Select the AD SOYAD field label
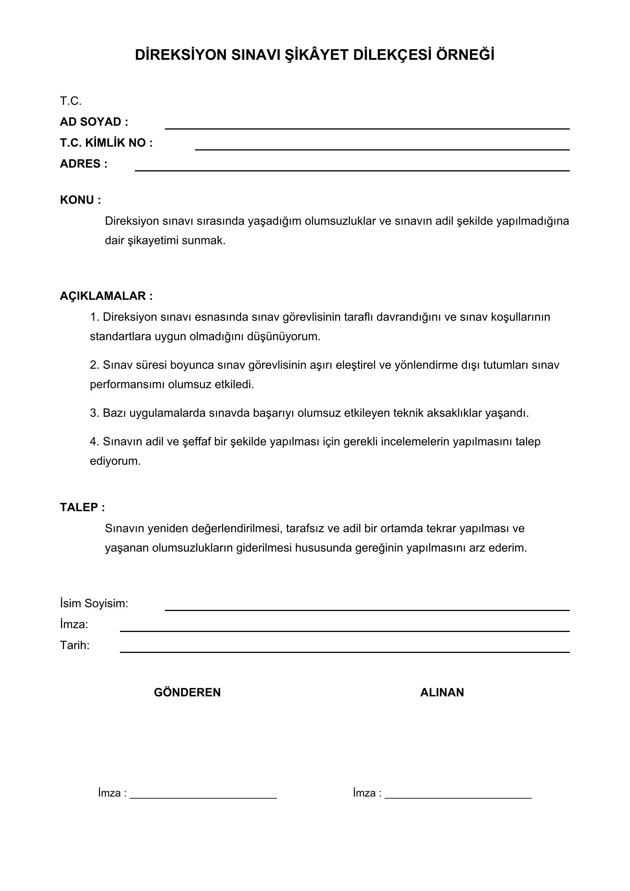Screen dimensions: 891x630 [x=94, y=122]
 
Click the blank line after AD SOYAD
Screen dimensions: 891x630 [x=367, y=128]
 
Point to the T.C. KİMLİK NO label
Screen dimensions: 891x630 [x=106, y=143]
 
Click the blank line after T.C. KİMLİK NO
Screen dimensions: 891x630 [x=382, y=149]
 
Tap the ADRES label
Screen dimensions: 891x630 [x=83, y=164]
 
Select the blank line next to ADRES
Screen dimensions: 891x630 [x=352, y=170]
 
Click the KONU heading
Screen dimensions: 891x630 [x=80, y=200]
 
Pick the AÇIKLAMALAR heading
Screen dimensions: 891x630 [x=106, y=296]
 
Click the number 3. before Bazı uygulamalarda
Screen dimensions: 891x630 [x=95, y=413]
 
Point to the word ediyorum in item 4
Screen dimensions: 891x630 [x=115, y=461]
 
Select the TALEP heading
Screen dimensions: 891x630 [x=82, y=507]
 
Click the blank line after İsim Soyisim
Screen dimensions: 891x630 [x=367, y=610]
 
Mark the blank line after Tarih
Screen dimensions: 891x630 [x=344, y=652]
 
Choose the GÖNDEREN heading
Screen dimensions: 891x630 [x=187, y=692]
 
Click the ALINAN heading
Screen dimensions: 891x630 [x=442, y=692]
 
